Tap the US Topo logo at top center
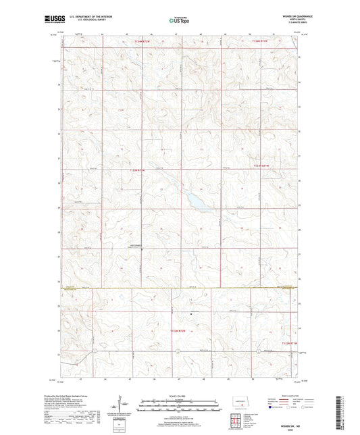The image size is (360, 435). click(x=179, y=20)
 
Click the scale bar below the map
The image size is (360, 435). click(x=179, y=406)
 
